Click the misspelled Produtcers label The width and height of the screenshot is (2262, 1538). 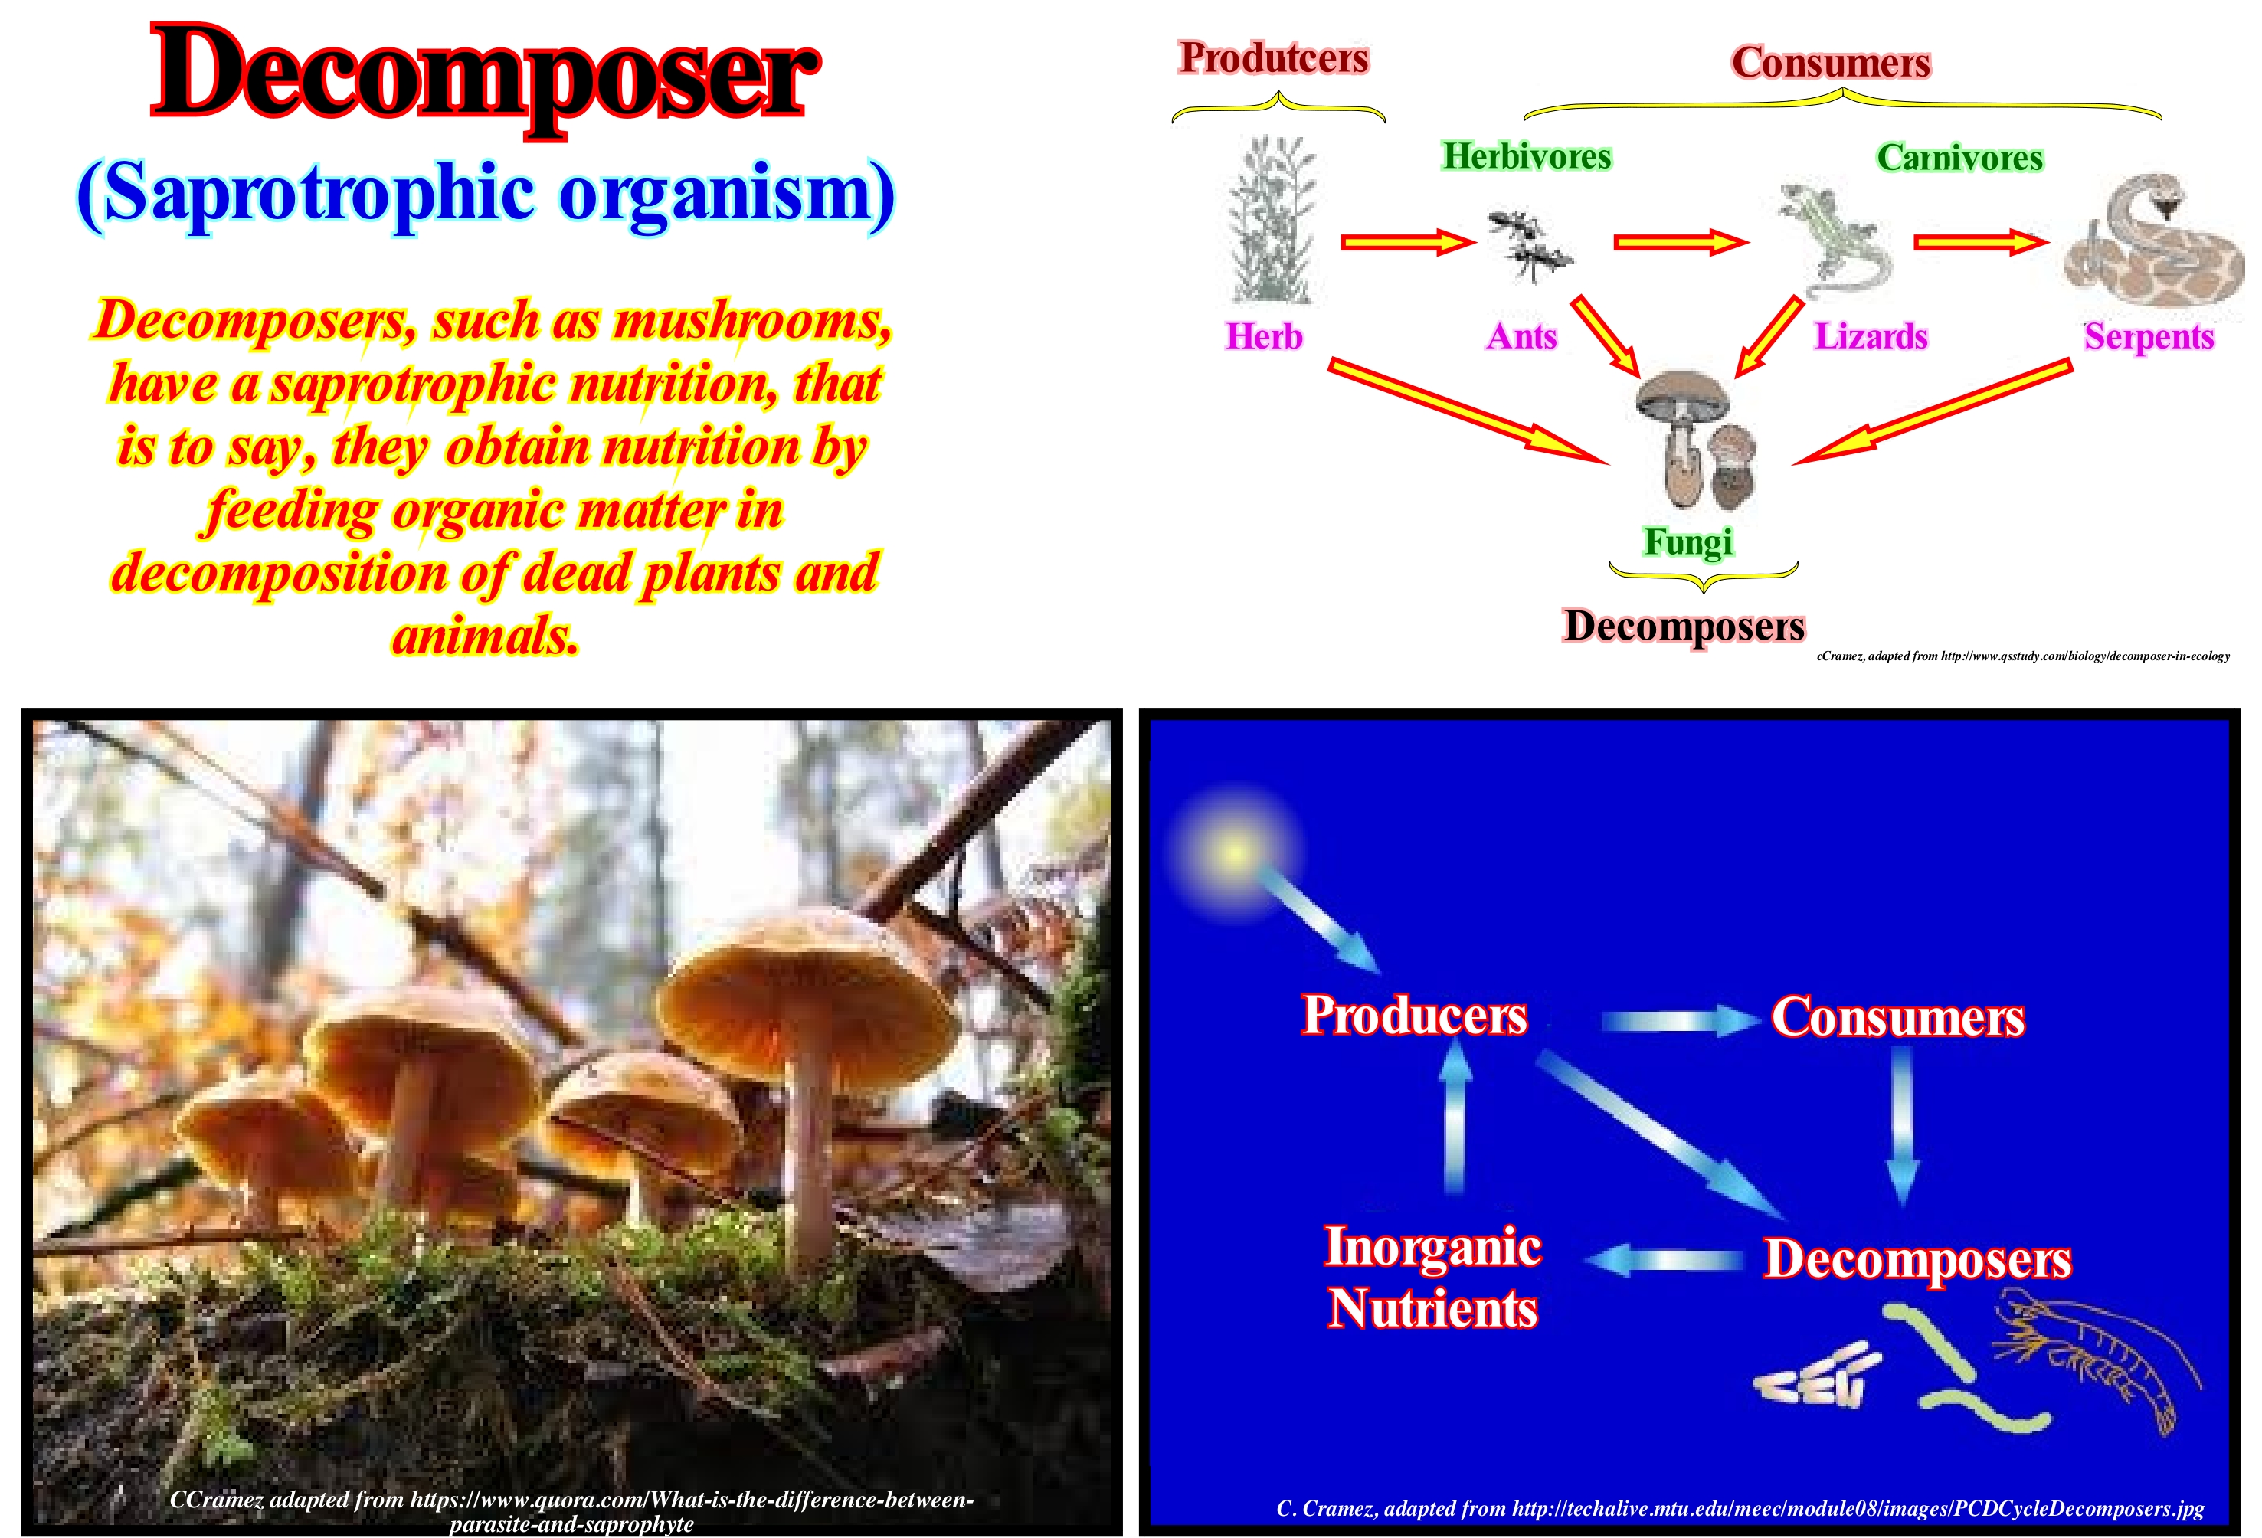[x=1274, y=58]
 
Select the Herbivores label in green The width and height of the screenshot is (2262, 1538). [x=1526, y=155]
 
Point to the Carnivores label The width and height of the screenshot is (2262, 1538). [x=1959, y=158]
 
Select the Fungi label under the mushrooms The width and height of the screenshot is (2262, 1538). [x=1689, y=542]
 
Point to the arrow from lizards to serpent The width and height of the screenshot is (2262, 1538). [x=1981, y=241]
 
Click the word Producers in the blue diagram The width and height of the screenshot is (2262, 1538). [x=1414, y=1016]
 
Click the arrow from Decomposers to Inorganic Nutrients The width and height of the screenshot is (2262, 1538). [x=1664, y=1261]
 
